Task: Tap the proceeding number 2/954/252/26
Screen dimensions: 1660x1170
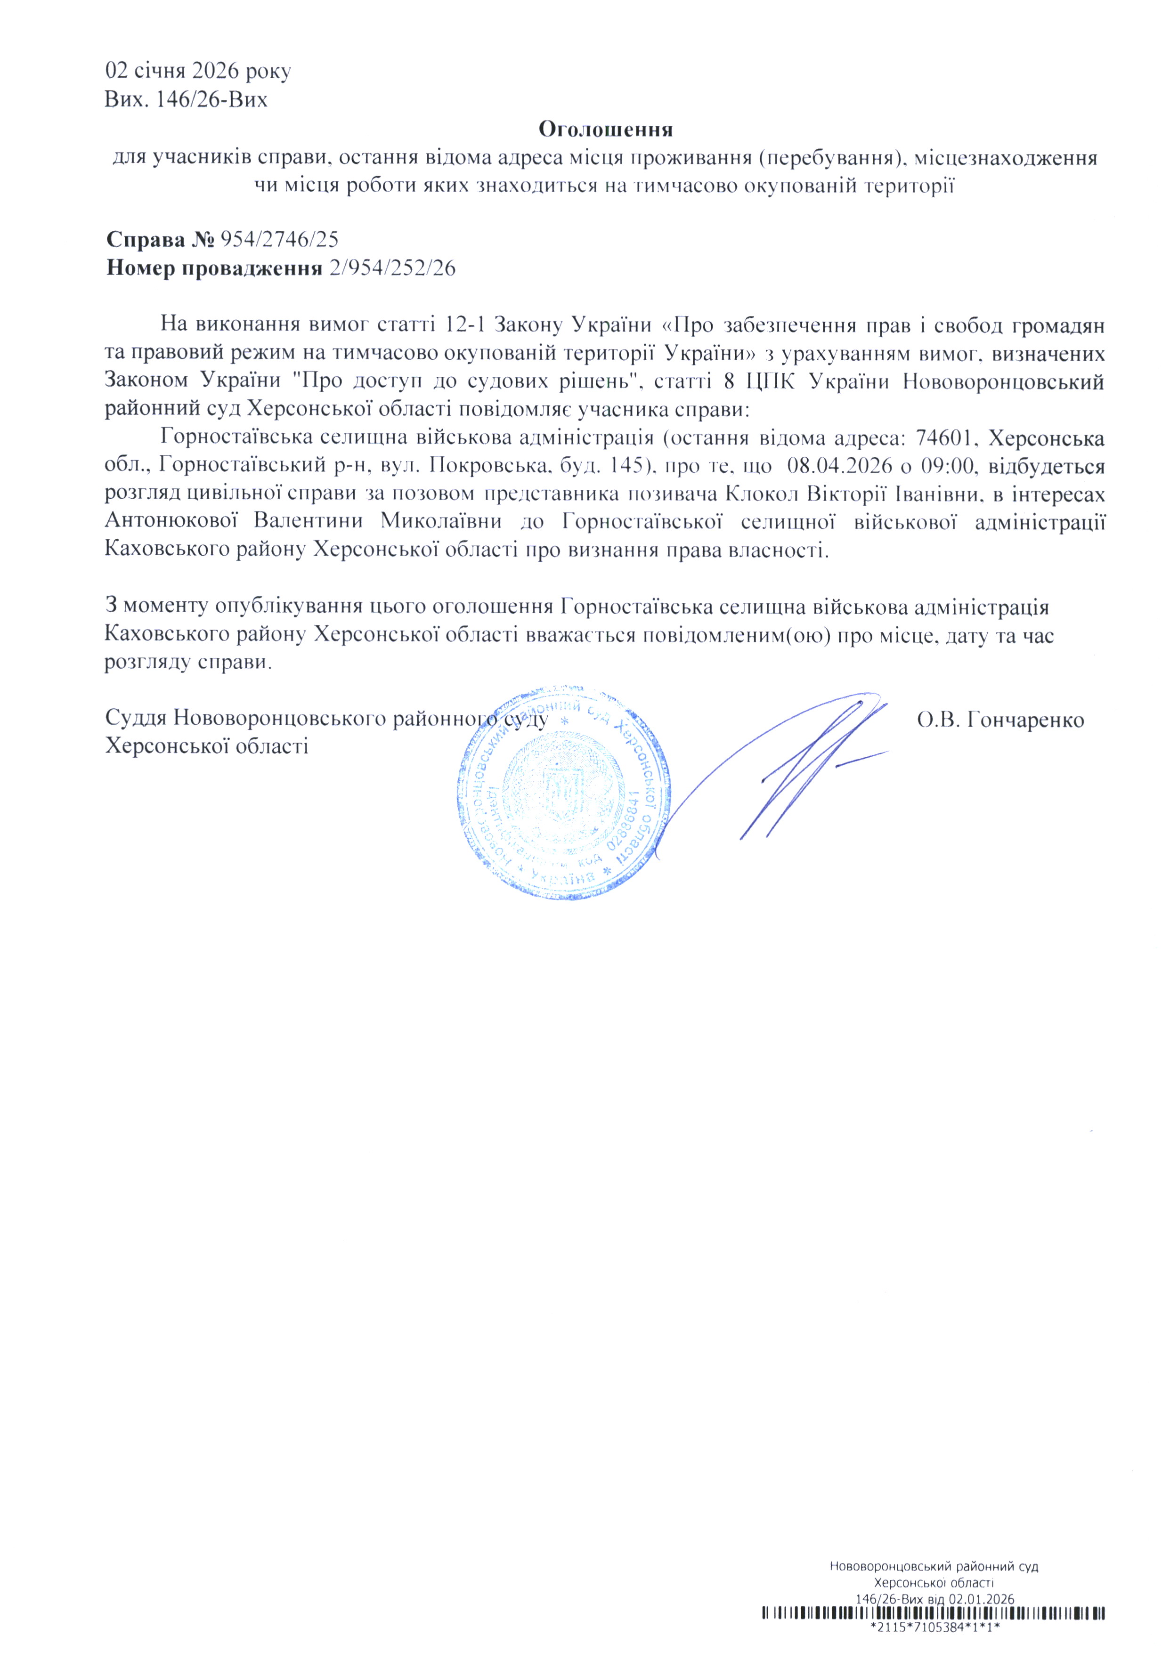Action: pos(391,268)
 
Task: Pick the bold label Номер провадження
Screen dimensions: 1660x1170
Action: pos(214,268)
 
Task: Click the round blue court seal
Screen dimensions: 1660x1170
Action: pos(562,793)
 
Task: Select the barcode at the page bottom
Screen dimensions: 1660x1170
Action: pos(934,1628)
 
